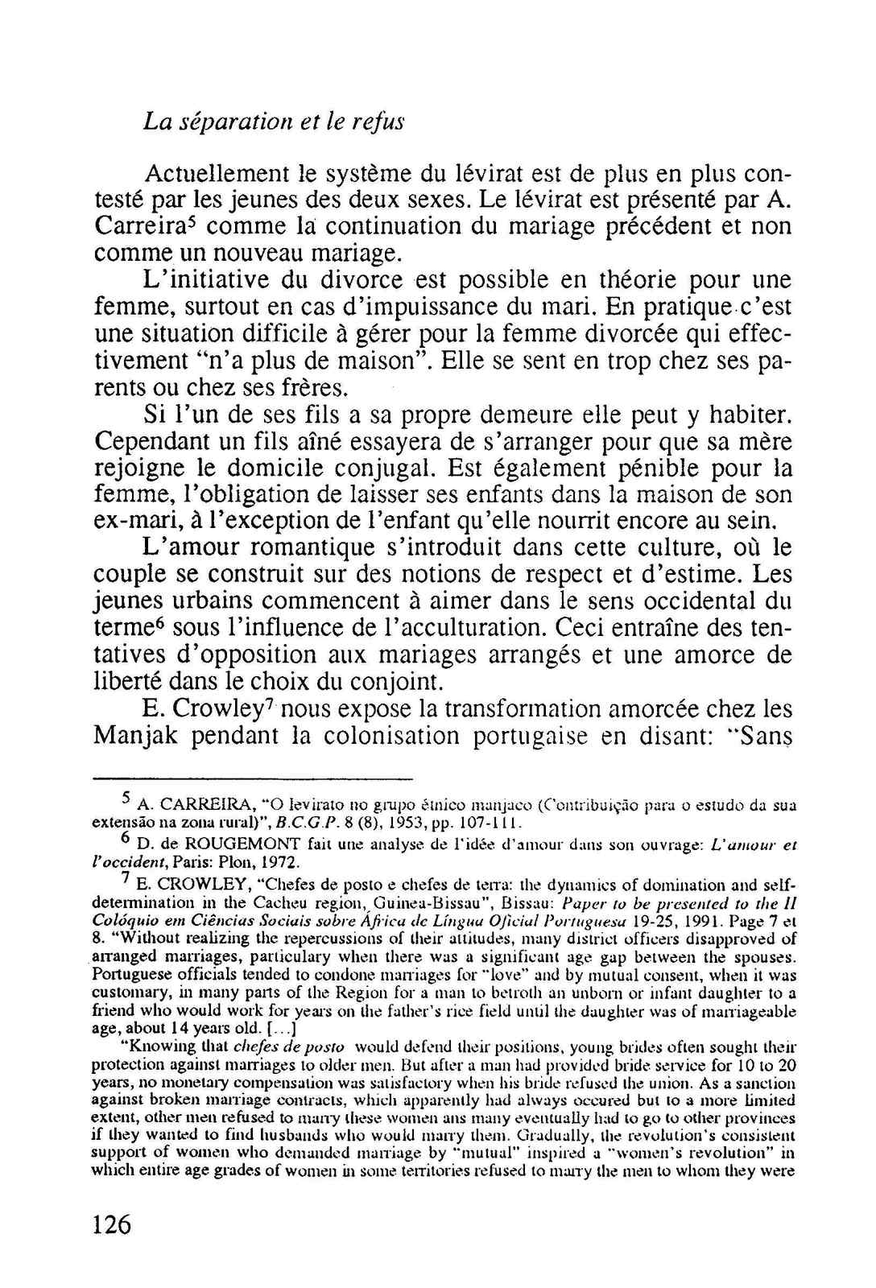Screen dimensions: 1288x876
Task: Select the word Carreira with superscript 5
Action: [143, 226]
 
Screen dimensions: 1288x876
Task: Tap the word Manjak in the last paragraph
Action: [138, 736]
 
